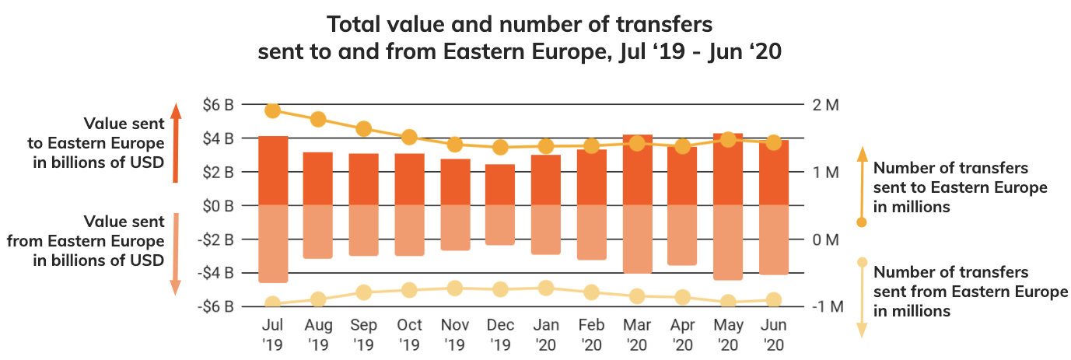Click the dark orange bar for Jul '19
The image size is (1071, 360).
(x=273, y=171)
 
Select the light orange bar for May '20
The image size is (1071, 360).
(x=727, y=242)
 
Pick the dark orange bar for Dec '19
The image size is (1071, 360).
(x=500, y=185)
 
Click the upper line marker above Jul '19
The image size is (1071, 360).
(x=273, y=110)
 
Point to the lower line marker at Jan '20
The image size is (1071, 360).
(x=546, y=288)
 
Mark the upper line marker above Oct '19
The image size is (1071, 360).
(x=410, y=138)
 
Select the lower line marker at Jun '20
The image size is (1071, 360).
(x=773, y=300)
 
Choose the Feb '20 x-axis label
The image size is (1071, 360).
(x=591, y=334)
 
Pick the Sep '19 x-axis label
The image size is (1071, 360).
(x=364, y=334)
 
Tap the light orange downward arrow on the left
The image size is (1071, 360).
(x=176, y=253)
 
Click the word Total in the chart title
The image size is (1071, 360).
(x=353, y=24)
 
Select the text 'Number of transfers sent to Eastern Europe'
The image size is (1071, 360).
(x=960, y=187)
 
